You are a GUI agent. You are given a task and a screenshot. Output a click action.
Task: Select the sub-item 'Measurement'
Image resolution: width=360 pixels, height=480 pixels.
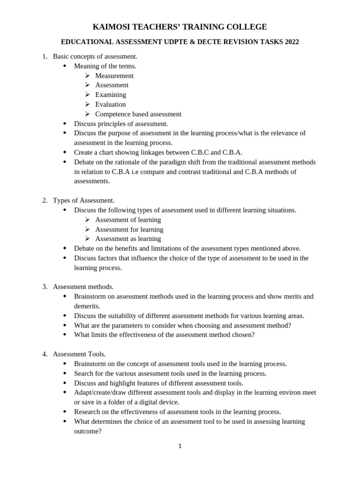click(x=114, y=75)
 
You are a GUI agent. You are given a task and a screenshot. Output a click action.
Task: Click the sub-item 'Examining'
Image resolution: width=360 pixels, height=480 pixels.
click(x=111, y=95)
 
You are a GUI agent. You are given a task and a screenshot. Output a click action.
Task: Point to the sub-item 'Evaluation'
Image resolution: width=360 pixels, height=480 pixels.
click(x=111, y=104)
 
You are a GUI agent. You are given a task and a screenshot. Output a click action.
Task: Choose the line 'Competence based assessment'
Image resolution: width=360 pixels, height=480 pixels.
click(x=138, y=114)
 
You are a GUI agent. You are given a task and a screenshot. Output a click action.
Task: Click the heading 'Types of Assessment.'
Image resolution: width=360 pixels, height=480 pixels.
click(x=83, y=200)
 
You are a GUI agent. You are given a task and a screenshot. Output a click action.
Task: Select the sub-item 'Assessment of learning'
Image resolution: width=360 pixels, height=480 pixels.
click(x=128, y=219)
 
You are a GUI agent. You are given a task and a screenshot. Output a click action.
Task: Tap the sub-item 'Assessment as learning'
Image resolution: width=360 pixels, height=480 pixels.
click(x=128, y=239)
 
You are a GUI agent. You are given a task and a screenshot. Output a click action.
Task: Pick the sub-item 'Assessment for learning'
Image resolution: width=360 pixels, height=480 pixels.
click(x=129, y=229)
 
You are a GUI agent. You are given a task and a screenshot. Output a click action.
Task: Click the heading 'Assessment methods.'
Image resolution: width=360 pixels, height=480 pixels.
click(x=83, y=286)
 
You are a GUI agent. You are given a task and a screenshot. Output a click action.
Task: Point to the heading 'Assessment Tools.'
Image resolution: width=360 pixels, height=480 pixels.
click(x=79, y=354)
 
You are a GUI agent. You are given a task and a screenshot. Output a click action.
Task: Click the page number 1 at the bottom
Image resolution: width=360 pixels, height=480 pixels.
click(x=180, y=446)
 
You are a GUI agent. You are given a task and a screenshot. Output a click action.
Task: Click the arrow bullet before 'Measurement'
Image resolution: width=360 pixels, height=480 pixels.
click(x=87, y=75)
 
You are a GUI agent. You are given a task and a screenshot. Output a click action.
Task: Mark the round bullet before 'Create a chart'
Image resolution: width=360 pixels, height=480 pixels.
click(x=65, y=152)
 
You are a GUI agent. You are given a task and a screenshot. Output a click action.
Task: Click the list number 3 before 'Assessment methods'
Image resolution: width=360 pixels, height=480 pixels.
click(x=45, y=286)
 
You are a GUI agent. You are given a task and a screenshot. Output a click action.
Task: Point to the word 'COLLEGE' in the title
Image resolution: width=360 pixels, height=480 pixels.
click(x=245, y=27)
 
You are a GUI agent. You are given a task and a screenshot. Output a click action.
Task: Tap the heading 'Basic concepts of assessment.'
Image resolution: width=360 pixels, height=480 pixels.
click(x=95, y=56)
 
